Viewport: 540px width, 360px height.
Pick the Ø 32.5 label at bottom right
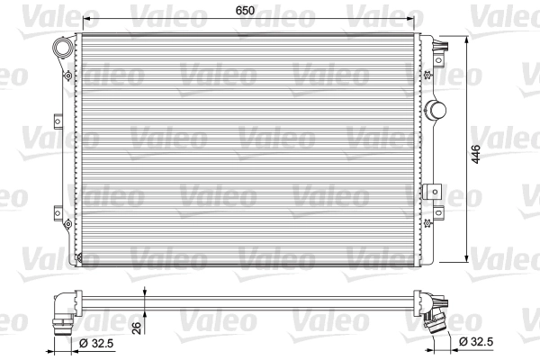pos(477,342)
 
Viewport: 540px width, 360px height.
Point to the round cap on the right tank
pos(436,110)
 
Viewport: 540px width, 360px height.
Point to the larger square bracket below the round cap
pos(436,191)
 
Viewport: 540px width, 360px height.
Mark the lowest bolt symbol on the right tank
pos(428,221)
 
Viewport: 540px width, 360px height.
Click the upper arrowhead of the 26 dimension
pos(145,291)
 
